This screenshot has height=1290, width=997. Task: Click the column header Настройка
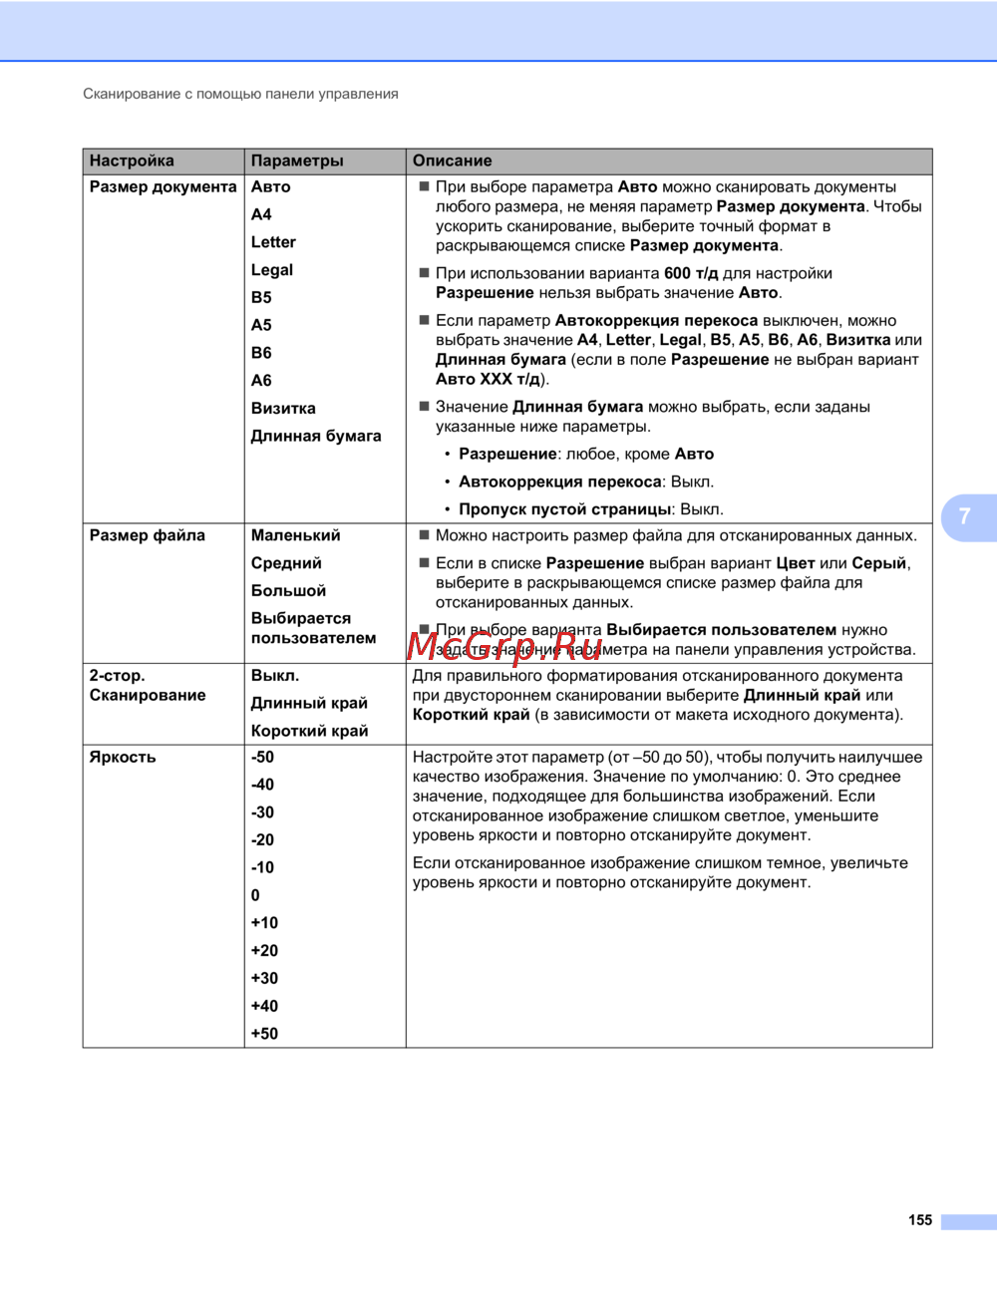coord(132,161)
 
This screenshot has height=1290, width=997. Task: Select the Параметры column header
coord(297,161)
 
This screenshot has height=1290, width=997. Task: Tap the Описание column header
coord(452,161)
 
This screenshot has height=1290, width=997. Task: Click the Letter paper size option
coord(273,242)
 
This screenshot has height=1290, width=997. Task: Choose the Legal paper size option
coord(272,270)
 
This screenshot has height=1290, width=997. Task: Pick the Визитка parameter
coord(283,409)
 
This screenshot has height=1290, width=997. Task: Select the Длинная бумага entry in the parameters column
coord(316,436)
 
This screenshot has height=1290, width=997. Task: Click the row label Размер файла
coord(148,535)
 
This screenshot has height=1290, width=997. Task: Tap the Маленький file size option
coord(296,535)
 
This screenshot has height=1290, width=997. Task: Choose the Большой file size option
coord(288,591)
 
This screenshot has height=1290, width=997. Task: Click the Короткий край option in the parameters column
coord(309,731)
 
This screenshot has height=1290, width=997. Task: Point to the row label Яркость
coord(123,757)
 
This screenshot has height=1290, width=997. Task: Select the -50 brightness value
coord(262,757)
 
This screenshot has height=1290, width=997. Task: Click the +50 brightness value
coord(264,1034)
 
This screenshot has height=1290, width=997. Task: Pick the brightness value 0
coord(255,895)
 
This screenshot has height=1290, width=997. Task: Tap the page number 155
coord(920,1220)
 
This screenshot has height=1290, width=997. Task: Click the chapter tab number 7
coord(964,516)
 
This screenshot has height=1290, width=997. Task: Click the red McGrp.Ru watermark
coord(504,647)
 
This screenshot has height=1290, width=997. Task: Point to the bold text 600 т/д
coord(691,273)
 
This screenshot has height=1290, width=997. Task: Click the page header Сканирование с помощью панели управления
coord(240,94)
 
